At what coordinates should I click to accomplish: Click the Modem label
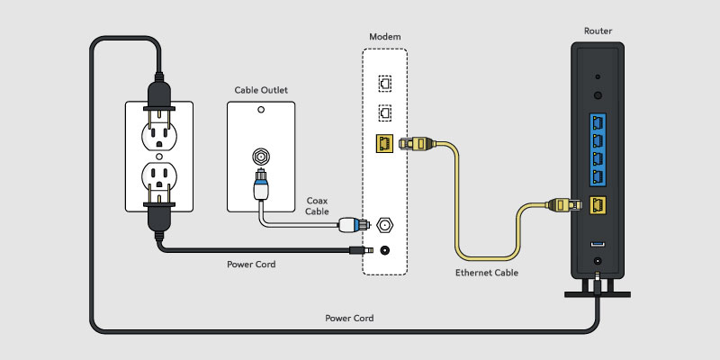385,36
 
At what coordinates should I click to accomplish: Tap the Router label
598,31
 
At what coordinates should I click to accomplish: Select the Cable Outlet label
261,91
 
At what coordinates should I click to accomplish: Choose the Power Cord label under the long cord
349,319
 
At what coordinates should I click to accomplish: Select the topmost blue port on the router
598,121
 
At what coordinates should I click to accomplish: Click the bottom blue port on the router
598,178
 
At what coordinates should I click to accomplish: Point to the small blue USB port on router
598,244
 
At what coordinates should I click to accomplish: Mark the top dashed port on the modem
384,80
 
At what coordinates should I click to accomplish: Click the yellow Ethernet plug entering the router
565,205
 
